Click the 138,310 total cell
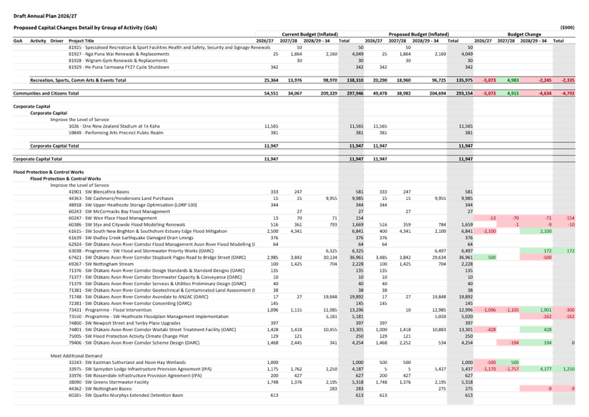355,81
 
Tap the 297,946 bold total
355,93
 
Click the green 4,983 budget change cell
509,81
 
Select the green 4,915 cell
509,93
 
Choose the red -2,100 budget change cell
486,232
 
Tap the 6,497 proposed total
465,251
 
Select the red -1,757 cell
509,368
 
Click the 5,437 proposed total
465,368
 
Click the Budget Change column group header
525,33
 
